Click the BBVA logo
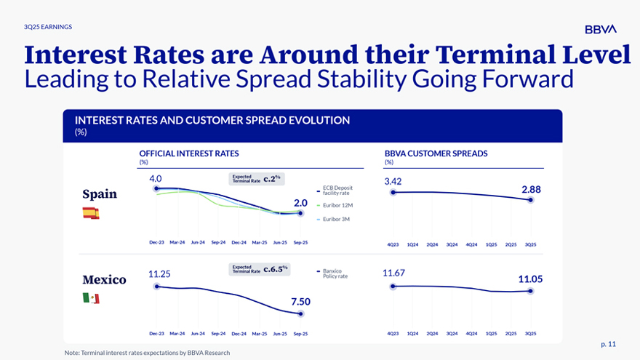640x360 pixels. point(600,29)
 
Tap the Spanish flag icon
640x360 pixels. point(91,213)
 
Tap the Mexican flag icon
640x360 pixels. point(91,298)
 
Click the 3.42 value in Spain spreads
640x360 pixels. point(393,181)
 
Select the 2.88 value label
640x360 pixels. point(531,189)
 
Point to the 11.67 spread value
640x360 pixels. point(393,273)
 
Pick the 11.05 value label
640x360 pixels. point(530,279)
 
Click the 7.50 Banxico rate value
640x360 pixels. point(300,301)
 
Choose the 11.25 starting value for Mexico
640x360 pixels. point(159,274)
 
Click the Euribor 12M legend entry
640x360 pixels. point(336,206)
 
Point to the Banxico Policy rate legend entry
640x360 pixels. point(335,273)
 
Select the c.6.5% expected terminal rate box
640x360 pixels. point(260,269)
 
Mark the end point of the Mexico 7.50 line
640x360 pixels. point(301,313)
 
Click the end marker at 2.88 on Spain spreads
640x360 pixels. point(532,200)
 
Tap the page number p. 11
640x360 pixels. point(608,343)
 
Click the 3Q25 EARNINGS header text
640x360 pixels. point(48,27)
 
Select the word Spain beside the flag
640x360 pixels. point(100,194)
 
